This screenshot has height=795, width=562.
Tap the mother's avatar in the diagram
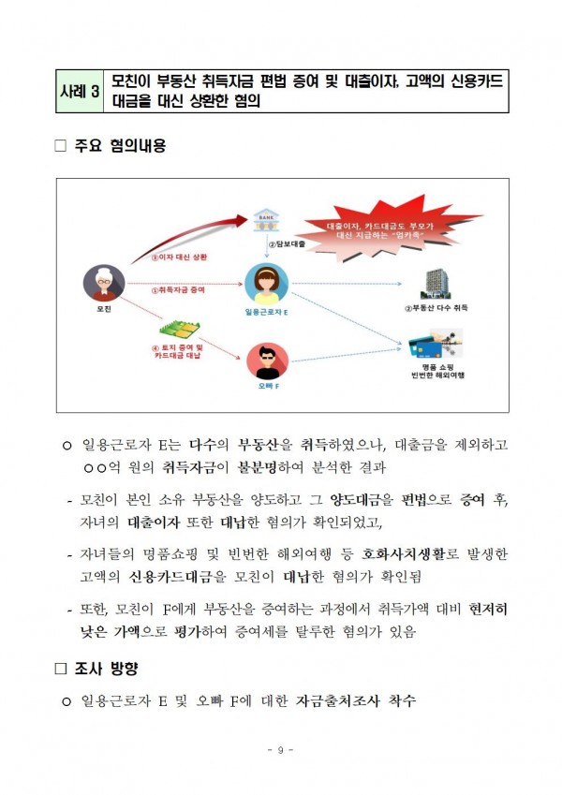pyautogui.click(x=102, y=283)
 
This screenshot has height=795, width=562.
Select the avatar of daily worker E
pyautogui.click(x=266, y=282)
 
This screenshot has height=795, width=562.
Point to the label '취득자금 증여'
pyautogui.click(x=178, y=290)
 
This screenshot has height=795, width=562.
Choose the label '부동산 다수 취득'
pyautogui.click(x=436, y=308)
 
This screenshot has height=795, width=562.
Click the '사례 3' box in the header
pyautogui.click(x=79, y=93)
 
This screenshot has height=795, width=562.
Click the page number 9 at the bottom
pyautogui.click(x=281, y=750)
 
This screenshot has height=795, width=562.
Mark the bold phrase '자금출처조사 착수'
pyautogui.click(x=355, y=699)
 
